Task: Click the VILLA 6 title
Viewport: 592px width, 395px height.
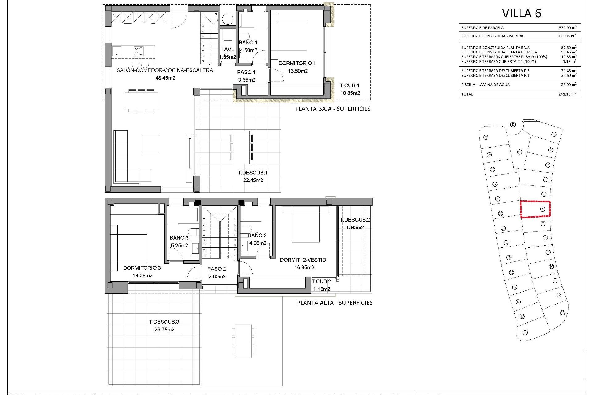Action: [x=521, y=13]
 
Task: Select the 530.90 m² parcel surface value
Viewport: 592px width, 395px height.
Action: [x=567, y=28]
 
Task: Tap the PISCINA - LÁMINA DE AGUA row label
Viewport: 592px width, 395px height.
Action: [x=485, y=85]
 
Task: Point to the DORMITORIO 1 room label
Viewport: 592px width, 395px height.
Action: [x=297, y=63]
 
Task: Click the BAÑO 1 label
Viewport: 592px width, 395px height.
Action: [x=248, y=43]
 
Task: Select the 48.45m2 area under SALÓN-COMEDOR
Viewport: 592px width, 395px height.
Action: [x=165, y=78]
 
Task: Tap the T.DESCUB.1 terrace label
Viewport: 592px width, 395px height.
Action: [x=253, y=173]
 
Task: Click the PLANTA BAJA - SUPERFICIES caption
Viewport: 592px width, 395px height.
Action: [x=333, y=109]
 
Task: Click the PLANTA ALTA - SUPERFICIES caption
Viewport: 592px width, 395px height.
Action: [x=335, y=303]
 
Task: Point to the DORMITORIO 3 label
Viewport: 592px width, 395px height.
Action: [x=142, y=268]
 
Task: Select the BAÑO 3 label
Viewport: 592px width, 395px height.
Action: [x=179, y=238]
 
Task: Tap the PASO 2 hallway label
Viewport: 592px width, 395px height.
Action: [x=216, y=269]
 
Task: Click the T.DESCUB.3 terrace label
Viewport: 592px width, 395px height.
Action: [x=164, y=322]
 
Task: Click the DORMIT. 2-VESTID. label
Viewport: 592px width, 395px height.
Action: [x=303, y=260]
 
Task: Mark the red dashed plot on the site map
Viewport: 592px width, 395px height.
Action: [x=535, y=210]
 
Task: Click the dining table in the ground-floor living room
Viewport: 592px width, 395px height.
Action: [x=142, y=101]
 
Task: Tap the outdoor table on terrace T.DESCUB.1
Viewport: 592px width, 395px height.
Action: [x=241, y=147]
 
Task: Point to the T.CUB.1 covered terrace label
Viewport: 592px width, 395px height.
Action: [x=350, y=85]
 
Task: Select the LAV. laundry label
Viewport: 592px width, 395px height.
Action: [x=227, y=49]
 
